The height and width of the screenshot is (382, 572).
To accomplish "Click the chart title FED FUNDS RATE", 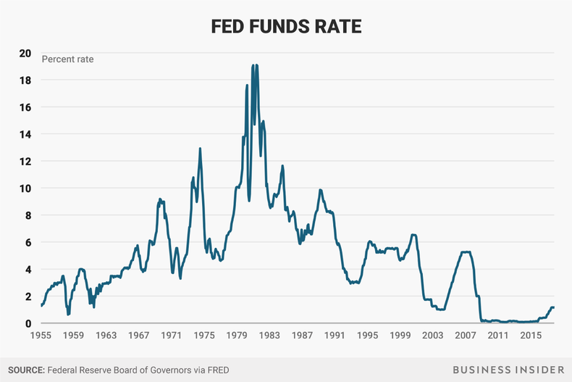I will (x=285, y=26).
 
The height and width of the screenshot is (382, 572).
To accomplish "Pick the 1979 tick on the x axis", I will (x=236, y=336).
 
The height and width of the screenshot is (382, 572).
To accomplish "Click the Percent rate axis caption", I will (x=67, y=59).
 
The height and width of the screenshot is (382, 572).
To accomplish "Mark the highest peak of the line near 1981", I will (x=253, y=65).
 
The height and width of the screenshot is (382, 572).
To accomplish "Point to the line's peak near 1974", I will (x=200, y=149).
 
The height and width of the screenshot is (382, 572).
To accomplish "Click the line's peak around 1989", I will (x=319, y=190).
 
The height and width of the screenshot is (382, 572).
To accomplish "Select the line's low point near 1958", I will (x=67, y=315).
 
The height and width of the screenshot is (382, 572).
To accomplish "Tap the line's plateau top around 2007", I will (x=466, y=252).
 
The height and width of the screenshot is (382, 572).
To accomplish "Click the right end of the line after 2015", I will (x=554, y=307).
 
